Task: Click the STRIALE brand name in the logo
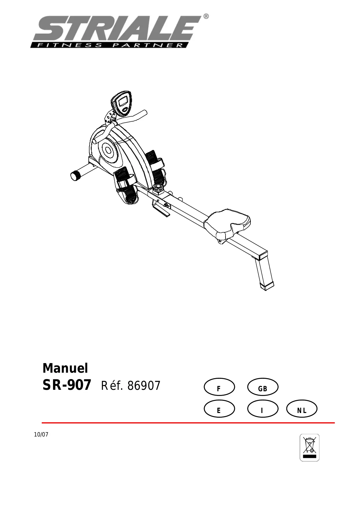(x=116, y=28)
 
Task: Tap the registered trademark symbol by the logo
(x=206, y=17)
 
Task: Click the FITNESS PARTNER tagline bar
(x=110, y=45)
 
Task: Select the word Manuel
(x=65, y=368)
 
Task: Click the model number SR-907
(x=67, y=385)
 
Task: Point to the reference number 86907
(x=144, y=386)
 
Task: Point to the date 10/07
(x=41, y=435)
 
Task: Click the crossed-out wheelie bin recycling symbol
(x=309, y=448)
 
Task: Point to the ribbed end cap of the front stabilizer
(x=76, y=176)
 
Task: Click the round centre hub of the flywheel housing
(x=108, y=150)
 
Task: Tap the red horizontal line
(x=188, y=423)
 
